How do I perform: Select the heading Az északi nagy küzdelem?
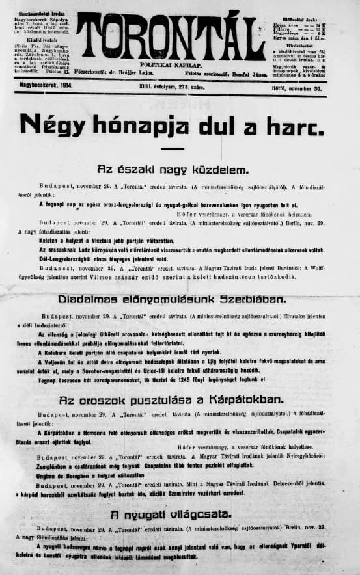[172, 170]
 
